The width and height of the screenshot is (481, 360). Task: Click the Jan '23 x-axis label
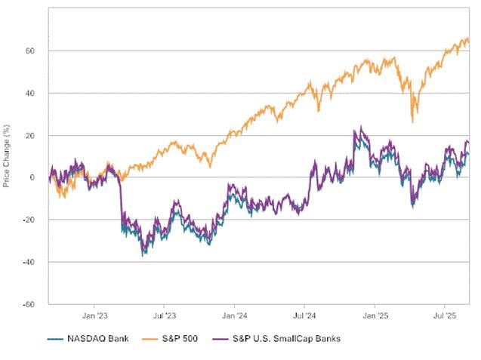pyautogui.click(x=94, y=318)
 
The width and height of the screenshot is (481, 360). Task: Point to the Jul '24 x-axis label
pyautogui.click(x=305, y=318)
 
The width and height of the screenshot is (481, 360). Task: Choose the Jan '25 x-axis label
pyautogui.click(x=376, y=318)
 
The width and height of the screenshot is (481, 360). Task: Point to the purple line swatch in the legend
pyautogui.click(x=221, y=339)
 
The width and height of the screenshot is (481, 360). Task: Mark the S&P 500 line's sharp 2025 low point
pyautogui.click(x=412, y=121)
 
